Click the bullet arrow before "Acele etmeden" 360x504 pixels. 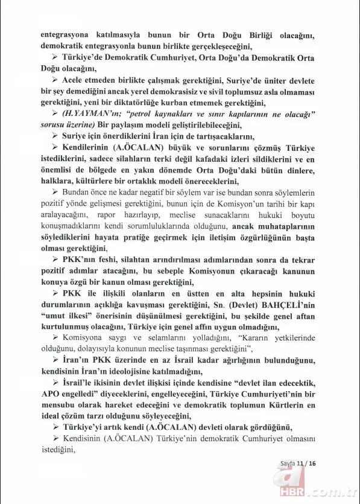pos(55,80)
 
